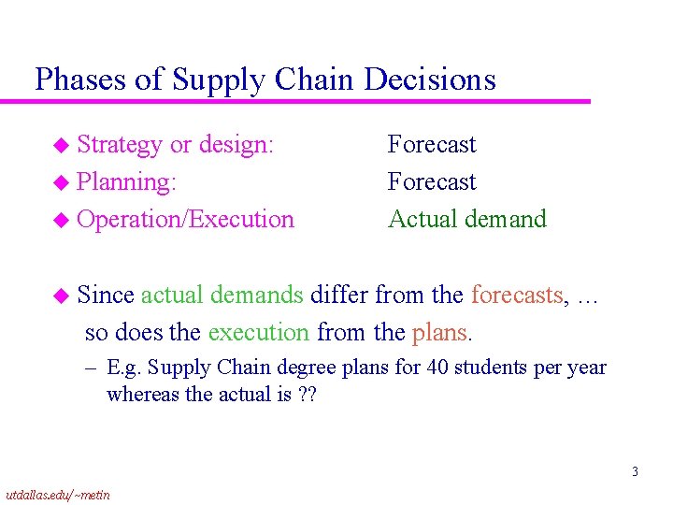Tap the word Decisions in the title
[x=430, y=79]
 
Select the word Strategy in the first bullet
[x=120, y=145]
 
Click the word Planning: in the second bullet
[x=126, y=182]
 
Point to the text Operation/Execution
[x=185, y=220]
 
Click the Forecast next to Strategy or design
[x=432, y=145]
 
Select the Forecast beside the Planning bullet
[x=432, y=182]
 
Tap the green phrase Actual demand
[x=466, y=220]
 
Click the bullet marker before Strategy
[x=61, y=146]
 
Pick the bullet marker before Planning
[x=61, y=183]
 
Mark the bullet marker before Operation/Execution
[x=61, y=221]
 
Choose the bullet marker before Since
[x=61, y=296]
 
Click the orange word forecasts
[x=518, y=296]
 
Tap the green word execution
[x=258, y=332]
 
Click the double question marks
[x=308, y=394]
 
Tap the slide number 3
[x=635, y=471]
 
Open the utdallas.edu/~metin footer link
[x=57, y=494]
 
